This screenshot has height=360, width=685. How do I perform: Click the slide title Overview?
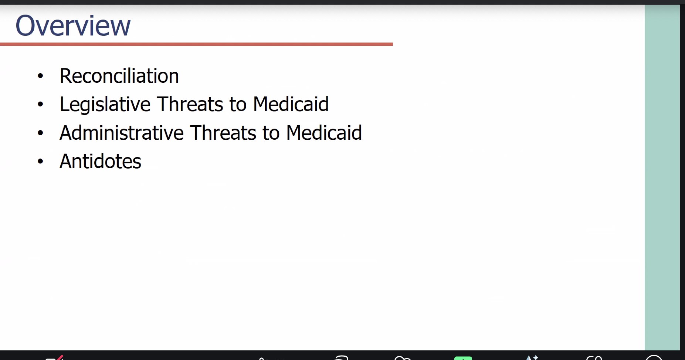coord(73,26)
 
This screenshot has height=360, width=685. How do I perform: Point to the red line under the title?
coord(196,44)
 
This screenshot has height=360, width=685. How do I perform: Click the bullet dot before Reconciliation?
coord(40,76)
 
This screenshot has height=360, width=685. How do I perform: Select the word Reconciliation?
coord(119,76)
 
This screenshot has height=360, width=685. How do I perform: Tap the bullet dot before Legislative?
coord(40,104)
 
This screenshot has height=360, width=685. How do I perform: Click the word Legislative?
coord(105,104)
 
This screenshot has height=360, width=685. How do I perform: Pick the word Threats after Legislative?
coord(190,104)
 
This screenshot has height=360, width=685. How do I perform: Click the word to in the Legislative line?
coord(238,105)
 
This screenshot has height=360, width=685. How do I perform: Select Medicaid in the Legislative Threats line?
coord(291,104)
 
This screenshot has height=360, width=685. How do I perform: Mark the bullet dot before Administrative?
coord(40,133)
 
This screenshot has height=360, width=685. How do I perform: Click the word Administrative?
coord(122,133)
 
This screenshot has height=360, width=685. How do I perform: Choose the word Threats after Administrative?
coord(223,133)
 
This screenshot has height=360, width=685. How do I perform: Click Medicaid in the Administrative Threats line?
coord(324,133)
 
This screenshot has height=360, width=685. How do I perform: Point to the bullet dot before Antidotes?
coord(40,161)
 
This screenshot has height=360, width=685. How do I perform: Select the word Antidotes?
coord(101,161)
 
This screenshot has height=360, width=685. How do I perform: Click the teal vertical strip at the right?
coord(662,177)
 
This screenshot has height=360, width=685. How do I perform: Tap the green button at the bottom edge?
coord(463,358)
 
